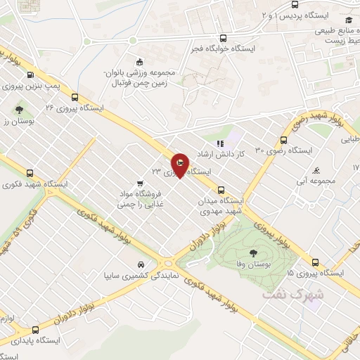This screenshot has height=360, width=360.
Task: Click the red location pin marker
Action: [x=179, y=165]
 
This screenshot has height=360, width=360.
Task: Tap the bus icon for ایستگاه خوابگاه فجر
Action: [x=223, y=39]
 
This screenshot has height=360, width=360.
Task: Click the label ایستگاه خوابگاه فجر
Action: [x=223, y=50]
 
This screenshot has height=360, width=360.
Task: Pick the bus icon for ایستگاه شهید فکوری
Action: [x=29, y=172]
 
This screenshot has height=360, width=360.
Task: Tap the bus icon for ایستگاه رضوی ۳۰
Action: [x=283, y=139]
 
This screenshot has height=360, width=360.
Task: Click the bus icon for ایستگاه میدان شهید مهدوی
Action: [x=221, y=189]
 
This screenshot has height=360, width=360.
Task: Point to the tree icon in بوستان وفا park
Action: [x=251, y=251]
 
